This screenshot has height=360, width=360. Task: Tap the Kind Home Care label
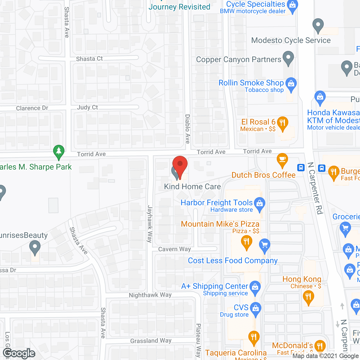(192, 186)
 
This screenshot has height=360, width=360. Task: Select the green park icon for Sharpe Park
(59, 152)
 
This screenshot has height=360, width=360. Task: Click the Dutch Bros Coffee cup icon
(282, 160)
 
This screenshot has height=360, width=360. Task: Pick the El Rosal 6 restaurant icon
(283, 123)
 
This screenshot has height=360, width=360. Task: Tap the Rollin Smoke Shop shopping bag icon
(291, 84)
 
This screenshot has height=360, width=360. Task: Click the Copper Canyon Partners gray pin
(288, 58)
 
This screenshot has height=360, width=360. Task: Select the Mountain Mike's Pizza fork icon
(247, 242)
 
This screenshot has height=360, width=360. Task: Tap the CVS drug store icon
(256, 309)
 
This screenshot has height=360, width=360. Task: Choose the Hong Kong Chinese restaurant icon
(309, 297)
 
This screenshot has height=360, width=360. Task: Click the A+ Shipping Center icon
(255, 287)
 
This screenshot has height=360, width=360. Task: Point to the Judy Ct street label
(87, 107)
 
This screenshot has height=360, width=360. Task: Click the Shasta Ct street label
(89, 59)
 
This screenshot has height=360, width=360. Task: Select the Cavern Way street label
(174, 249)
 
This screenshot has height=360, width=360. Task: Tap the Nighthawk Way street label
(150, 295)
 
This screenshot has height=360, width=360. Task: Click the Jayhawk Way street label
(150, 224)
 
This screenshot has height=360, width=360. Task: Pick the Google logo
(19, 353)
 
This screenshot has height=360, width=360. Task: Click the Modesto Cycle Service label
(291, 40)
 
